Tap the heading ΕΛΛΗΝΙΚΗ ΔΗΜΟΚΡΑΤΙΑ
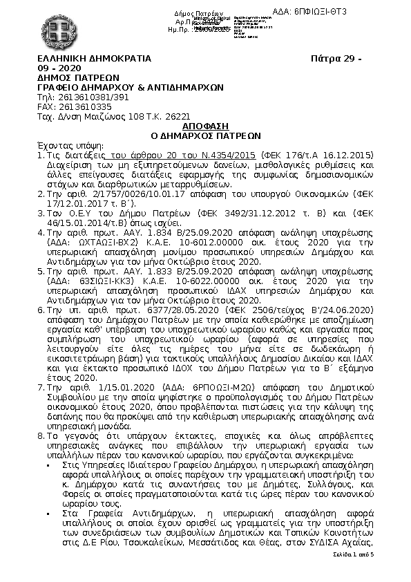93,59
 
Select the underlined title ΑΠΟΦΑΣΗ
205,127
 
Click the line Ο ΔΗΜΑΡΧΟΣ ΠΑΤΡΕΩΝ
205,136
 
